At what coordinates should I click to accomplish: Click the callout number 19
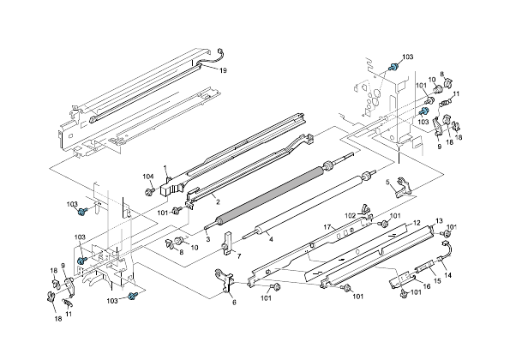pos(222,69)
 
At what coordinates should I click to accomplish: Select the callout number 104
pos(147,176)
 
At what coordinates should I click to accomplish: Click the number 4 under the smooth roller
pos(271,239)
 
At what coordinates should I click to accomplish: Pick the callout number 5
pos(388,181)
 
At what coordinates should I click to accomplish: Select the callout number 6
pos(233,302)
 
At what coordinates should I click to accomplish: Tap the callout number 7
pos(238,256)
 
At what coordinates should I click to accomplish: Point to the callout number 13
pos(440,220)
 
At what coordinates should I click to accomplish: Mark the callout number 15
pos(438,280)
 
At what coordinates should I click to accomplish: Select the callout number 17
pos(327,226)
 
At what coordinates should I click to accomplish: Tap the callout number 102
pos(350,215)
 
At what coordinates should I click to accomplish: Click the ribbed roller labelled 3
pos(266,193)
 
